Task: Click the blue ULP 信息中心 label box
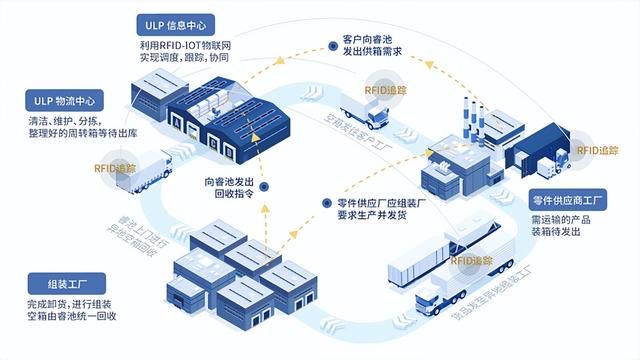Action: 179,25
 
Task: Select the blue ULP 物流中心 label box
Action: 65,100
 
